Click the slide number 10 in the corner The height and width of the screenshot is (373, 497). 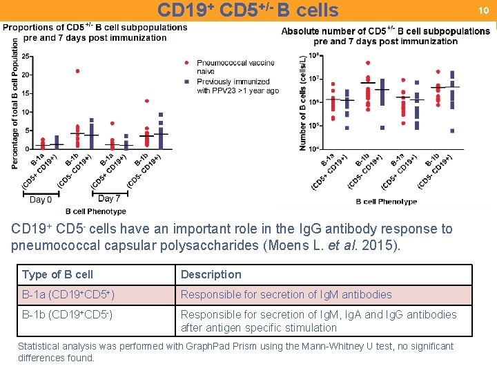tap(484, 10)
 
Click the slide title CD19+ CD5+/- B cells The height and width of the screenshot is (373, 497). tap(248, 10)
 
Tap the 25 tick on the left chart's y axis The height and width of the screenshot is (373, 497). tap(26, 57)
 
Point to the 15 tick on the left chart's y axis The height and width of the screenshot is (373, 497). tap(26, 93)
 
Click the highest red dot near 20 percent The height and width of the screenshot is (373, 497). tap(77, 70)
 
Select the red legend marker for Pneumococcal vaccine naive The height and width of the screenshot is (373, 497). tap(186, 62)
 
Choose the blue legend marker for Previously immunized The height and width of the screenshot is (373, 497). tap(186, 82)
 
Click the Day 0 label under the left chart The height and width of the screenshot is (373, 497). tap(41, 200)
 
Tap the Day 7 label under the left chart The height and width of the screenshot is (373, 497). tap(109, 199)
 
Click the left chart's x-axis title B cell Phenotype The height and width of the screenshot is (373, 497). tap(96, 211)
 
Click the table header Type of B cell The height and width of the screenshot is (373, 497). tap(57, 274)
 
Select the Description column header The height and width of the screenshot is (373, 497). tap(211, 274)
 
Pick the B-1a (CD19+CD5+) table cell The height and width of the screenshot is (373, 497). tap(68, 294)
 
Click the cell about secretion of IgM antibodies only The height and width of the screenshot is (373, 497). tap(286, 294)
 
